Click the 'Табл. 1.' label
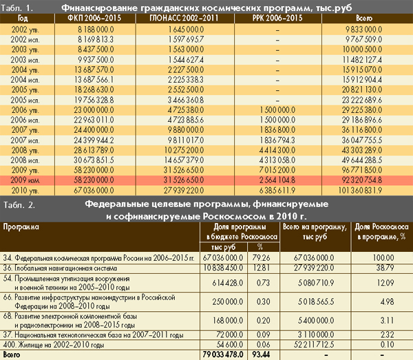19,8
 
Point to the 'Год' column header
22,17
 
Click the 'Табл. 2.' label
19,205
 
